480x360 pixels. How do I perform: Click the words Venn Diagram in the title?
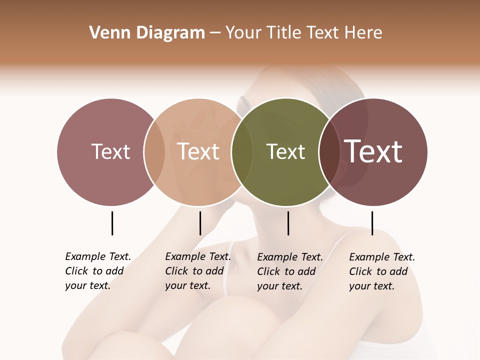tap(147, 33)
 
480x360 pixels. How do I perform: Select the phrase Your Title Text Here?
tap(303, 33)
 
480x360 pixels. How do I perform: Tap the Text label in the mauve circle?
tap(110, 151)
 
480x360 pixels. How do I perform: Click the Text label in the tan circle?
tap(198, 151)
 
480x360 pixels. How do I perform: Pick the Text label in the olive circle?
tap(285, 151)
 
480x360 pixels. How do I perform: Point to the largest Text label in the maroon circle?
tap(373, 151)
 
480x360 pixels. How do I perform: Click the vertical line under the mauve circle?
tap(112, 223)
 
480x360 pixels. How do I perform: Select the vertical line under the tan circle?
tap(200, 223)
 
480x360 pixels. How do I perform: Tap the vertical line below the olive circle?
tap(288, 223)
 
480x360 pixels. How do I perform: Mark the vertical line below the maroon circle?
tap(372, 223)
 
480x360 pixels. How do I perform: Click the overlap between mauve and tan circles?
tap(154, 152)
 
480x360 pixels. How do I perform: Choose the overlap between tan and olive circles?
tap(242, 152)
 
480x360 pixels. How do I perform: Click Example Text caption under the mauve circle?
tap(98, 271)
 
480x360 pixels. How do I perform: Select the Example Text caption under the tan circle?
tap(198, 271)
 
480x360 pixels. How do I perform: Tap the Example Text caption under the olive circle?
tap(290, 271)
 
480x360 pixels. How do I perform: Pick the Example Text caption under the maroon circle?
tap(382, 271)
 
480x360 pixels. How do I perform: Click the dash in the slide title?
tap(215, 33)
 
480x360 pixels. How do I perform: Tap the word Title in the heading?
tap(283, 33)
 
